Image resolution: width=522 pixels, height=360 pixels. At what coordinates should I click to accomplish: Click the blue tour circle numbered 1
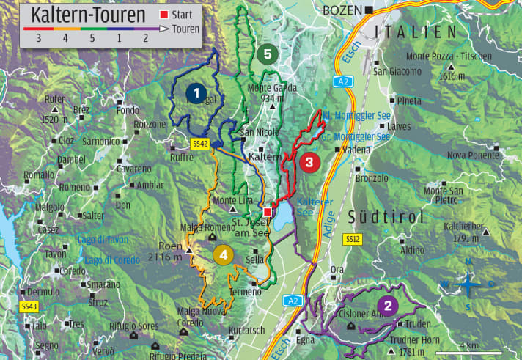pyautogui.click(x=195, y=92)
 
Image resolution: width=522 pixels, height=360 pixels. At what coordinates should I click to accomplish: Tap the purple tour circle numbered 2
pyautogui.click(x=388, y=306)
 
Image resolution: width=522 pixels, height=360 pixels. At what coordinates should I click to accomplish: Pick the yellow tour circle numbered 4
pyautogui.click(x=224, y=254)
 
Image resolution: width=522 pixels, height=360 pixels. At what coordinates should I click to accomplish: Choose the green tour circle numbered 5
pyautogui.click(x=267, y=54)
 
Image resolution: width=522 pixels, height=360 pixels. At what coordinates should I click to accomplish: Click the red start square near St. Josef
pyautogui.click(x=267, y=212)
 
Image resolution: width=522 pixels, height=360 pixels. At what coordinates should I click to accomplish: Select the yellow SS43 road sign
pyautogui.click(x=29, y=306)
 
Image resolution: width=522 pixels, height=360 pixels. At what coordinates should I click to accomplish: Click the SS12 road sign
pyautogui.click(x=353, y=239)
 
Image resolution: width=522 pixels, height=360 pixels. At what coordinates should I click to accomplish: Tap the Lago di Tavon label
pyautogui.click(x=106, y=240)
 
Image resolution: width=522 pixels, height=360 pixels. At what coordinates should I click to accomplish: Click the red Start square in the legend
pyautogui.click(x=163, y=14)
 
